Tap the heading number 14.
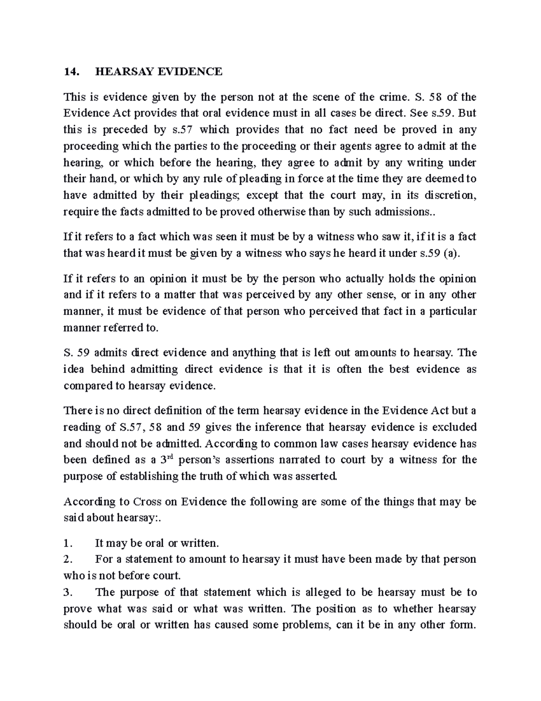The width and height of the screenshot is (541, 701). click(x=70, y=71)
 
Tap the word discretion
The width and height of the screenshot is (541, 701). click(x=444, y=195)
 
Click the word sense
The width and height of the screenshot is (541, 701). click(x=391, y=295)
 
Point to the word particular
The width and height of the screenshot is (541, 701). click(x=453, y=311)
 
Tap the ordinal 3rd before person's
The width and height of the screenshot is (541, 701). click(x=168, y=460)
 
